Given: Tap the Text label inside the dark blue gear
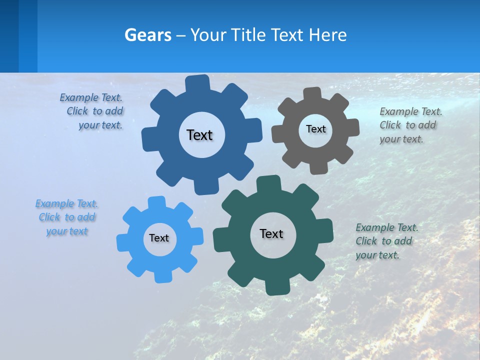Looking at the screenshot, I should coord(199,135).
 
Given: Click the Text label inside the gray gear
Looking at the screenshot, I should coord(315,129).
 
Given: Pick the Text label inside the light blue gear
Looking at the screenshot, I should coord(159,238).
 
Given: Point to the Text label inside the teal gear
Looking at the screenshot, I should coord(271,233).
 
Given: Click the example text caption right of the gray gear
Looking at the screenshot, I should coord(410,125).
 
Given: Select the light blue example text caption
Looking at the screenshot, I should coord(67,217).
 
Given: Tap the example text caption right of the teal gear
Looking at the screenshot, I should coord(386,241).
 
